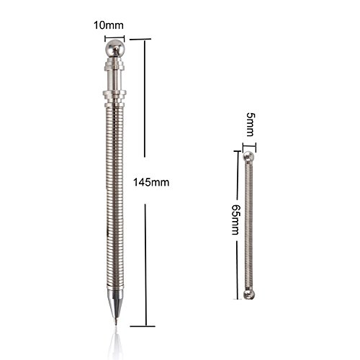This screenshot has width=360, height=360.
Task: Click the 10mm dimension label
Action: (x=109, y=25)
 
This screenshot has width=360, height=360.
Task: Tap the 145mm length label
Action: (x=151, y=182)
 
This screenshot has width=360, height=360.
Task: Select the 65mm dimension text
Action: (x=235, y=220)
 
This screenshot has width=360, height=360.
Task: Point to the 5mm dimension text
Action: (x=250, y=125)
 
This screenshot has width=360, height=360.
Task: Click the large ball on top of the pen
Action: (x=115, y=48)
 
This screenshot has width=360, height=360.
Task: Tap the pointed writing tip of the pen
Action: (x=116, y=322)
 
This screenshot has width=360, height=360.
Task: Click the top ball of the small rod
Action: (x=248, y=156)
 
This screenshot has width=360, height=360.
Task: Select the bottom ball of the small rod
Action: (x=248, y=294)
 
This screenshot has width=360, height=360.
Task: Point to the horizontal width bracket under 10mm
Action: (x=114, y=38)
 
